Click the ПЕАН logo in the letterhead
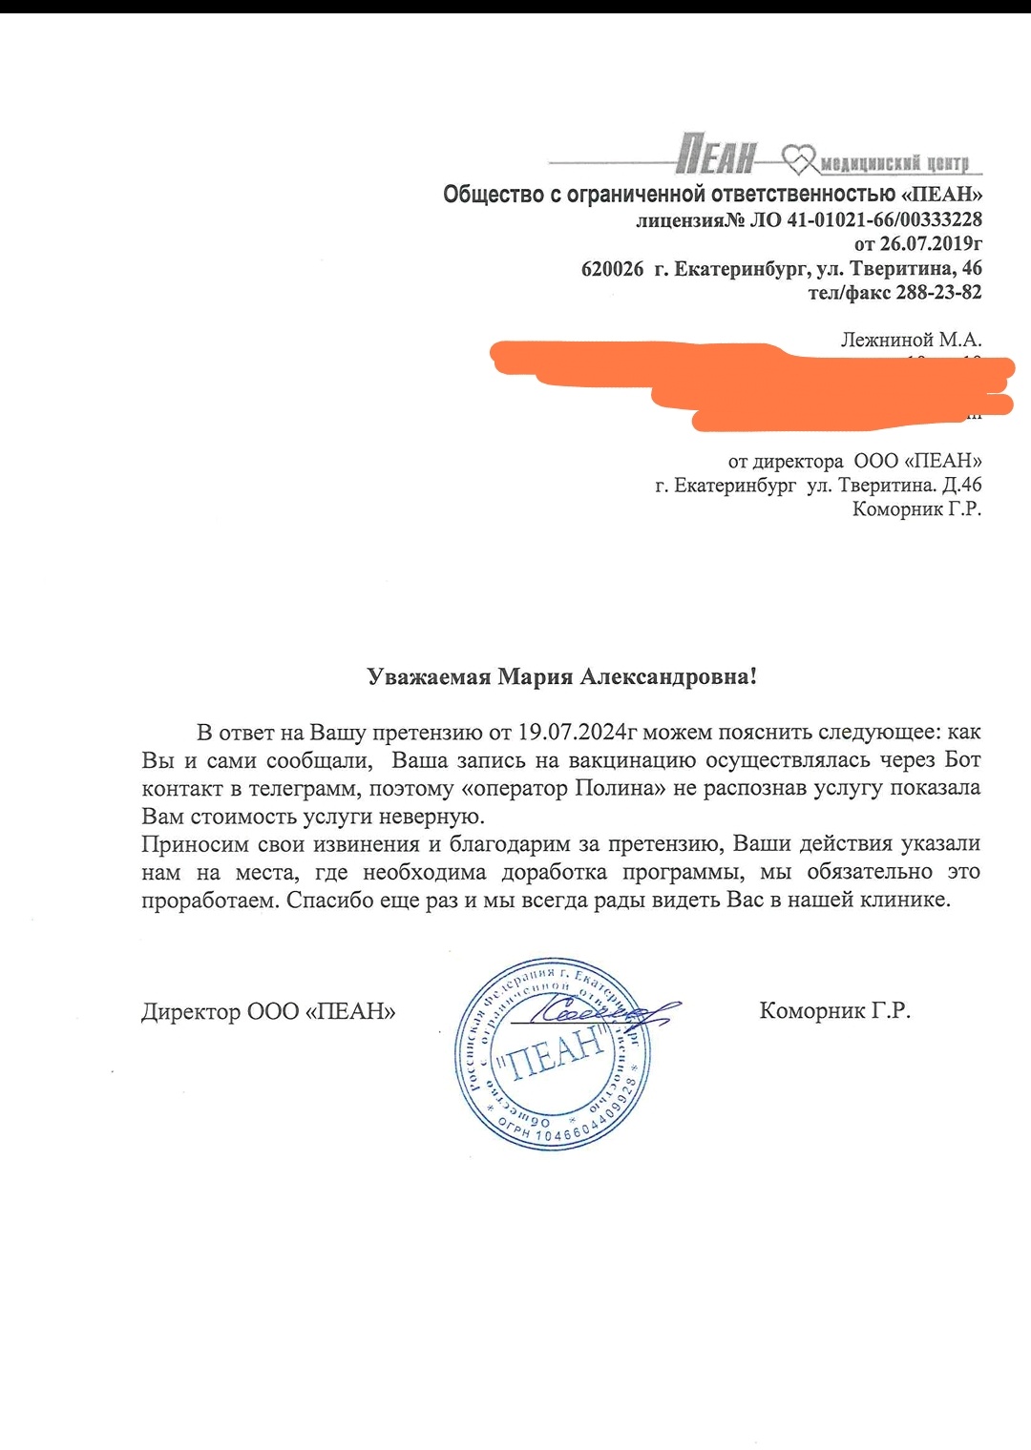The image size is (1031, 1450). tap(716, 155)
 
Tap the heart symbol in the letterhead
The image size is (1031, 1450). tap(800, 158)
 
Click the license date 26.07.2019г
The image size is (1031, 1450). tap(931, 243)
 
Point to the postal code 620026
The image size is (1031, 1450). tap(612, 269)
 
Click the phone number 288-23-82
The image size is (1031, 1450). tap(938, 293)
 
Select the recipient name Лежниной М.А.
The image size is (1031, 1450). tap(911, 340)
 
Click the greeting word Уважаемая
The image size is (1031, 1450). tap(429, 677)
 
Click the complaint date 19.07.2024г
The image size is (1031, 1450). tap(578, 733)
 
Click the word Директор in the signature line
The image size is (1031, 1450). tap(190, 1011)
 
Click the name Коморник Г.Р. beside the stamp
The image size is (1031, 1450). tap(834, 1010)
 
